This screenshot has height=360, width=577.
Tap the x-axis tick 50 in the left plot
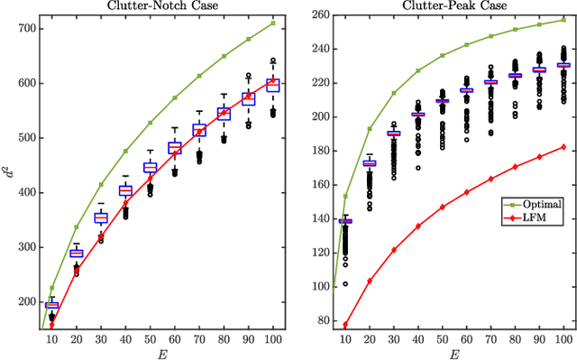tap(151, 338)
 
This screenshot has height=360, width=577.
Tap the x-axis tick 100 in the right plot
tap(563, 338)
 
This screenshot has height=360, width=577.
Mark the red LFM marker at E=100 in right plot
tap(563, 146)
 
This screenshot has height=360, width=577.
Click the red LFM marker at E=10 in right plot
tap(345, 325)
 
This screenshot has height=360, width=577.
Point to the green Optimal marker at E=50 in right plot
tap(442, 55)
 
